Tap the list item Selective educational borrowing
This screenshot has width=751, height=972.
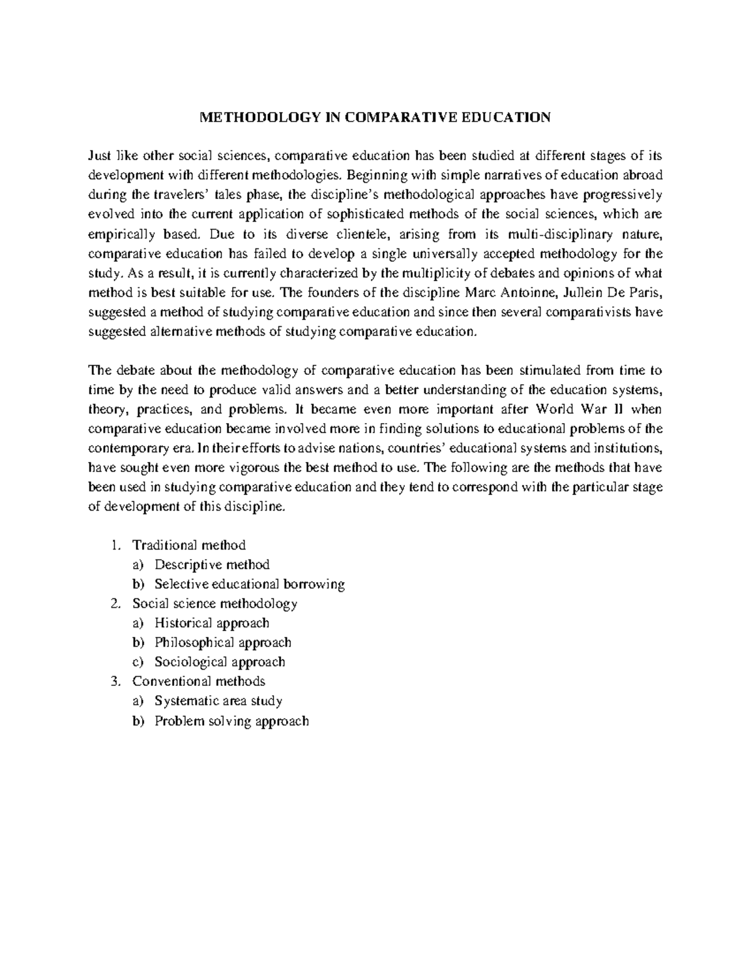[250, 584]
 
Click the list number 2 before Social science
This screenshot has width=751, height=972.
[113, 604]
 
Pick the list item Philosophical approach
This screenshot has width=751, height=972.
[223, 643]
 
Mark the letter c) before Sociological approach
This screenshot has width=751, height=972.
[138, 662]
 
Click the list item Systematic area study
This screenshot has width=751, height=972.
[218, 701]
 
